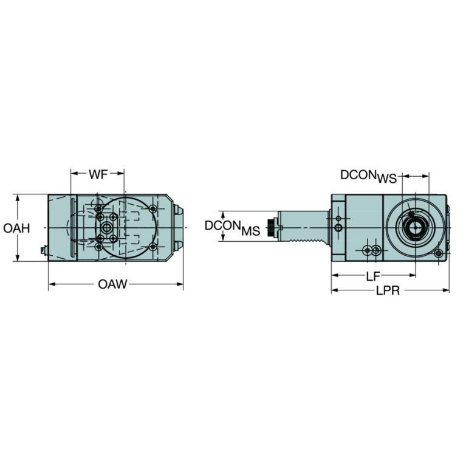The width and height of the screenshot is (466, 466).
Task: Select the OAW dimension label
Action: point(112,284)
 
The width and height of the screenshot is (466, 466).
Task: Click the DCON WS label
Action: point(368,176)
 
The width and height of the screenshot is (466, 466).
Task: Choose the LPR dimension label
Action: point(387,292)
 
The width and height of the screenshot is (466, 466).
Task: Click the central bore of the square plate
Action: point(108,227)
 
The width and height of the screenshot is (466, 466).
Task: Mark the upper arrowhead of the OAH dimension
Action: point(19,197)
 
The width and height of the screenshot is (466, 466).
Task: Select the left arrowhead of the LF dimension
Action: point(334,275)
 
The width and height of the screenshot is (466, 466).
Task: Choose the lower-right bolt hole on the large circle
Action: point(152,246)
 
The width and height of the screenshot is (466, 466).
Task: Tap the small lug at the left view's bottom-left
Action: point(43,250)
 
